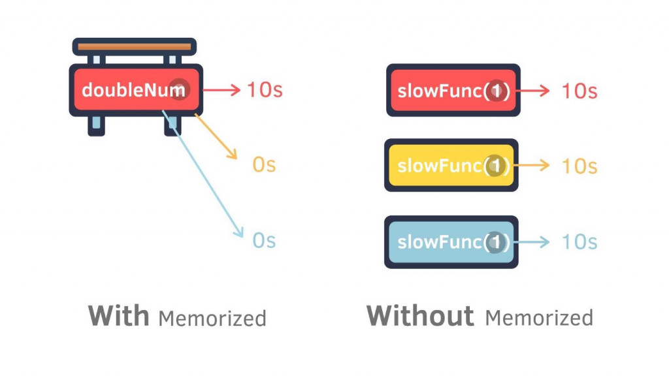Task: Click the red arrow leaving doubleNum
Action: coord(222,89)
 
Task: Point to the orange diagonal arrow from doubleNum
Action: coord(216,136)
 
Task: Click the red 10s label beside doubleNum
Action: coord(265,89)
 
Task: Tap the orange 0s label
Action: coord(264,164)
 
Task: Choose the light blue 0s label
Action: coord(264,241)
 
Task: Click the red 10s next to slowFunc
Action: coord(579,90)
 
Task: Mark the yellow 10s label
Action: coord(579,166)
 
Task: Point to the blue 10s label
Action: coord(579,242)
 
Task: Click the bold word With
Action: coord(120,316)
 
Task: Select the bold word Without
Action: coord(419,316)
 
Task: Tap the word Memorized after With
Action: coord(212,319)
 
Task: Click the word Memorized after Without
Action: coord(539,319)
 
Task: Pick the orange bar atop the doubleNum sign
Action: coord(135,47)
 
